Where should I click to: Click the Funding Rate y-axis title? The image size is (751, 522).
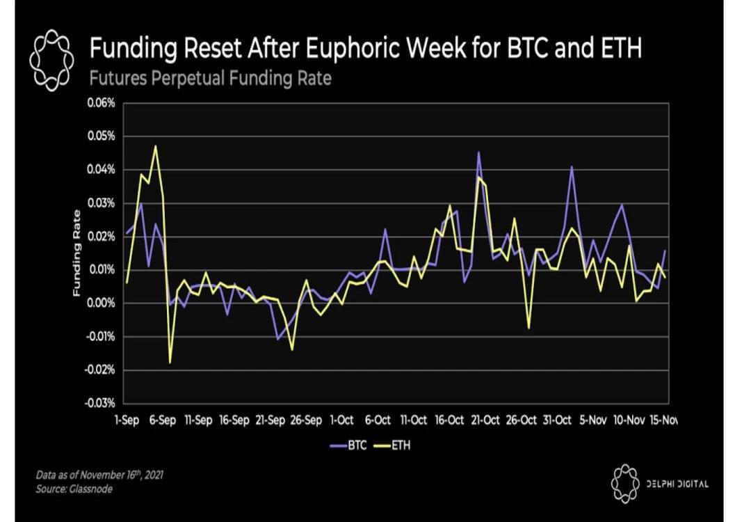(76, 253)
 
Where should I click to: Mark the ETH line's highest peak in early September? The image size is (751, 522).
(155, 146)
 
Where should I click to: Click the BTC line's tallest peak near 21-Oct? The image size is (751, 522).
(478, 152)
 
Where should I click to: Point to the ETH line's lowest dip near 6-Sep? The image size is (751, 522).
(170, 363)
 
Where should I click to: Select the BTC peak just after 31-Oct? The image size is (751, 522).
(572, 167)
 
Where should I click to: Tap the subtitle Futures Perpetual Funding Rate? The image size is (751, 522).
(210, 78)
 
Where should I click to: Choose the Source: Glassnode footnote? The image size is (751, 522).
(74, 490)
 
